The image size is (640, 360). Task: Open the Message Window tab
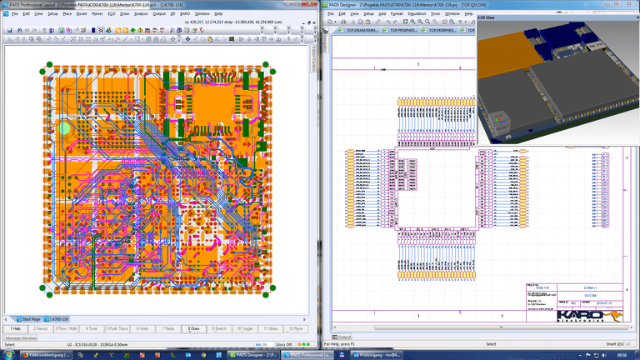[21, 337]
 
